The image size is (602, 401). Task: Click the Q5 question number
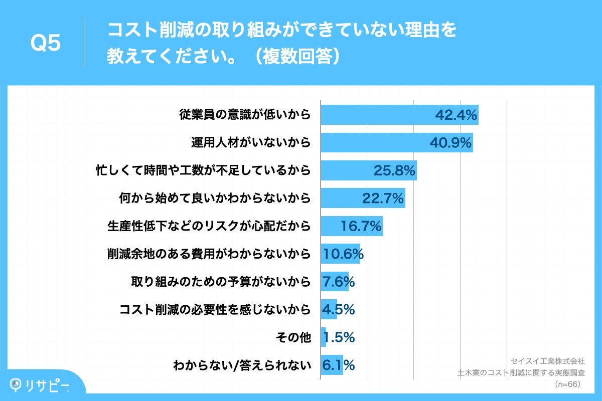[x=46, y=44]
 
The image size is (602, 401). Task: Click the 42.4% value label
[x=455, y=115]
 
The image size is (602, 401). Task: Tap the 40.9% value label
[x=450, y=143]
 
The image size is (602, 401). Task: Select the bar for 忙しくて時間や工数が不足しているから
[x=368, y=171]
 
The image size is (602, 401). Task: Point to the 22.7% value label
[x=383, y=199]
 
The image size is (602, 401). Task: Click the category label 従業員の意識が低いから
[x=245, y=115]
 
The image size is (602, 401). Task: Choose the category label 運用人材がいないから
[x=250, y=143]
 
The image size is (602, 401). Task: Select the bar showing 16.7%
[x=351, y=227]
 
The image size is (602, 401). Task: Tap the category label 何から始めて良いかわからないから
[x=215, y=199]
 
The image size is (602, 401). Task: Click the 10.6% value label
[x=343, y=255]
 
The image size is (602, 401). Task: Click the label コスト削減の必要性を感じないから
[x=215, y=310]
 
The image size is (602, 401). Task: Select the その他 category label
[x=293, y=338]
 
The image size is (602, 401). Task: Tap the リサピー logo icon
[x=18, y=384]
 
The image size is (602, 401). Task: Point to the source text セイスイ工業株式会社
[x=547, y=361]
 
